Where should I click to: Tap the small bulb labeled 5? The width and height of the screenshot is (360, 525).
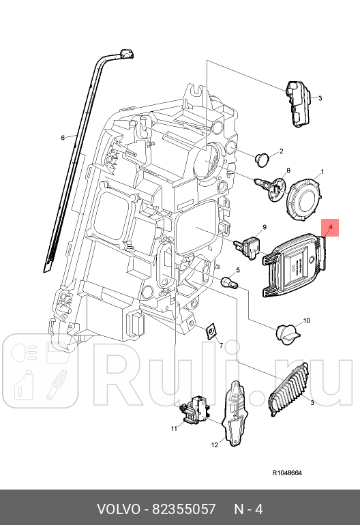(x=229, y=281)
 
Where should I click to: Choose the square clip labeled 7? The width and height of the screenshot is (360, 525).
(x=211, y=331)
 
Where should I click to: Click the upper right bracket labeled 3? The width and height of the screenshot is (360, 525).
(x=298, y=103)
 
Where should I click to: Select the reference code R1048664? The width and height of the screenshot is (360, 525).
(x=287, y=472)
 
